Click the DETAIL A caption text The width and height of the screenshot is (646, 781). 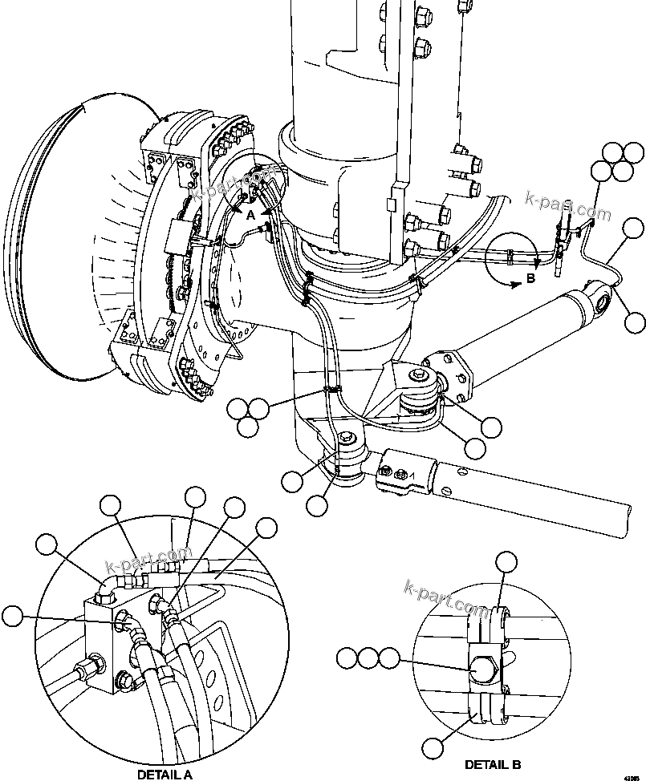165,774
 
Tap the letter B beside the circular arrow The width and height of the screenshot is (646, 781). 530,278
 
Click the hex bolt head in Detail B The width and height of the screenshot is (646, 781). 483,667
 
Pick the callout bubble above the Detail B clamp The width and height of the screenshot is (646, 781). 505,563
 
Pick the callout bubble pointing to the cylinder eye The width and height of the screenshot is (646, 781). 635,322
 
